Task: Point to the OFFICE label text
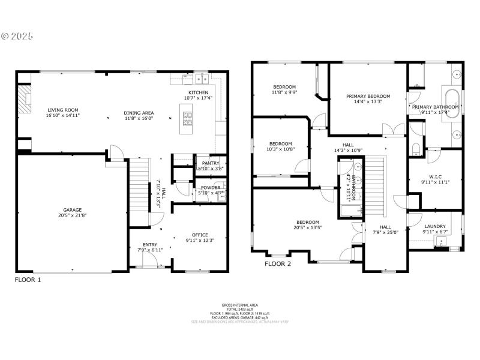(x=200, y=235)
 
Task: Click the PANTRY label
(x=210, y=163)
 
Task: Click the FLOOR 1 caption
(x=28, y=280)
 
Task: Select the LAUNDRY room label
(x=434, y=226)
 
